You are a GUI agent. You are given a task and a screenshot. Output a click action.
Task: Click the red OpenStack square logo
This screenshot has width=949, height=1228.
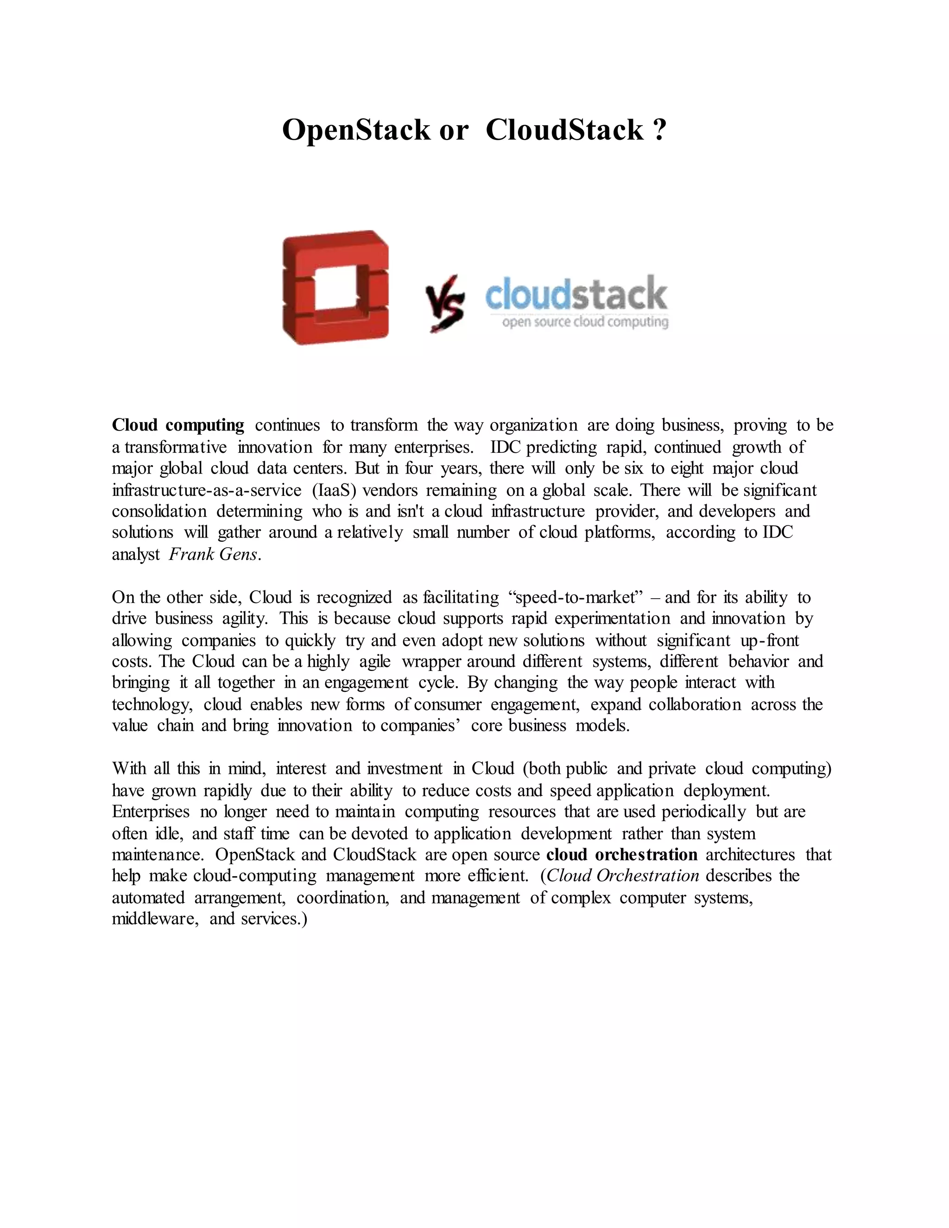[335, 287]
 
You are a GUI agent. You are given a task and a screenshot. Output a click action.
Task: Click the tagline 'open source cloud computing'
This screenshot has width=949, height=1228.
[585, 322]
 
